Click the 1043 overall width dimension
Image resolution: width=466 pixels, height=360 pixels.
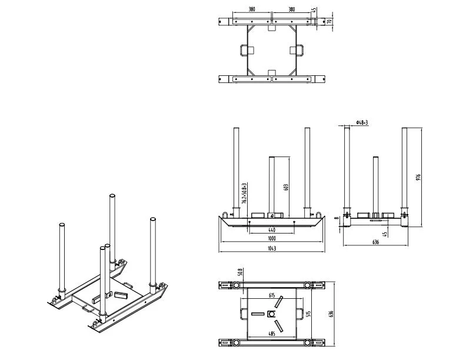[x=271, y=249]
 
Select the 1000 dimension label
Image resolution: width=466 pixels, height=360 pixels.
[x=271, y=239]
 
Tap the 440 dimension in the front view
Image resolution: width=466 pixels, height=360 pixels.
[x=271, y=229]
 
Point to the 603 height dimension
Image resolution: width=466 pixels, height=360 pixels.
[x=287, y=187]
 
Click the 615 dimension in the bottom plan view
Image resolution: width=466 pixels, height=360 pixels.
[x=271, y=295]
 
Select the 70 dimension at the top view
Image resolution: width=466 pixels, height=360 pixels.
[x=330, y=21]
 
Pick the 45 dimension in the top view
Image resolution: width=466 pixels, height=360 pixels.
[x=314, y=10]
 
